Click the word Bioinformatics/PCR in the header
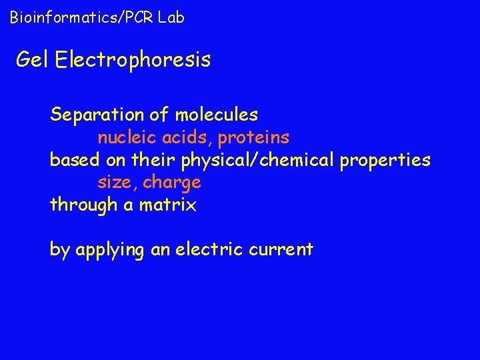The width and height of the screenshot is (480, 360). (x=80, y=18)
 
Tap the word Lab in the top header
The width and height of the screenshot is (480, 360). (x=171, y=18)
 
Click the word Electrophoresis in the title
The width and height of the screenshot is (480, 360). (x=133, y=61)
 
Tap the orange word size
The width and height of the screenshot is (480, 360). (x=117, y=183)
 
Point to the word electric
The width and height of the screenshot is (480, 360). (x=207, y=250)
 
